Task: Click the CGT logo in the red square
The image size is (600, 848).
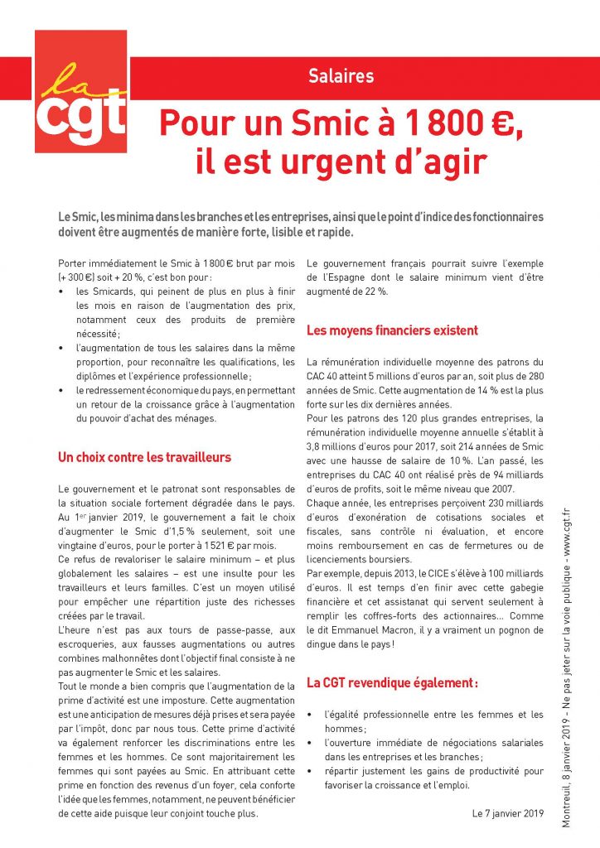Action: tap(80, 92)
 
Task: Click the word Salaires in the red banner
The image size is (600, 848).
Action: tap(341, 77)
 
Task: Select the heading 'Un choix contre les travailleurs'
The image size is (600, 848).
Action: tap(145, 456)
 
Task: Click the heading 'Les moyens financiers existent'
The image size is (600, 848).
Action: tap(392, 330)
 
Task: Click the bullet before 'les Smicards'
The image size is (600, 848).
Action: tap(63, 292)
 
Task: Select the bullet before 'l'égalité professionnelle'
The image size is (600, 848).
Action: tap(310, 715)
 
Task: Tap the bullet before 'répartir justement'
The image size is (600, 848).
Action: tap(310, 772)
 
